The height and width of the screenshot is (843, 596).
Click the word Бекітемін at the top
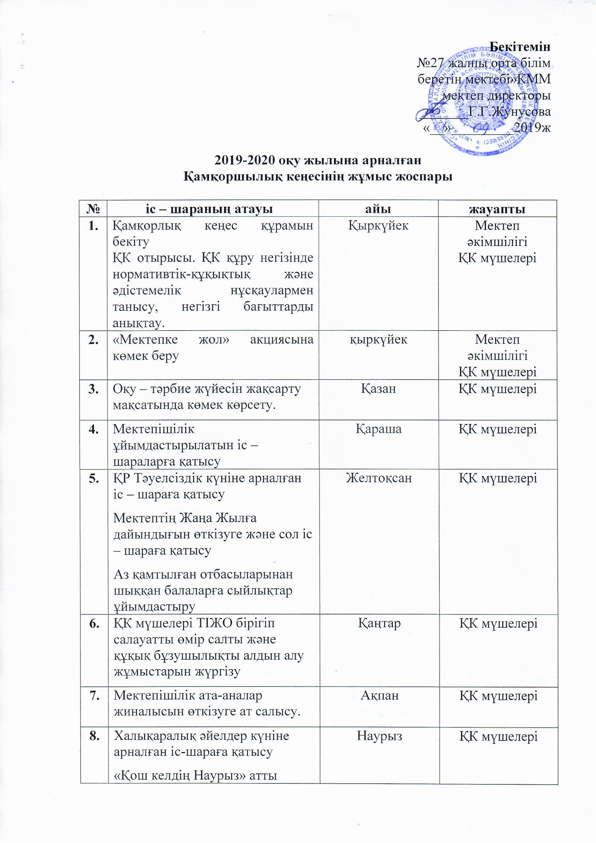(520, 47)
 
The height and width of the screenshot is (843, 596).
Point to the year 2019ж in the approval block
(532, 127)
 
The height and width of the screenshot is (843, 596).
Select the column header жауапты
(497, 208)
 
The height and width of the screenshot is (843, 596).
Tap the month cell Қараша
(378, 428)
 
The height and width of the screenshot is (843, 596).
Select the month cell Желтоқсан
(378, 478)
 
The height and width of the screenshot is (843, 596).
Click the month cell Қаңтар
(379, 623)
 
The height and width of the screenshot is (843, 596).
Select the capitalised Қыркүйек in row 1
(378, 225)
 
